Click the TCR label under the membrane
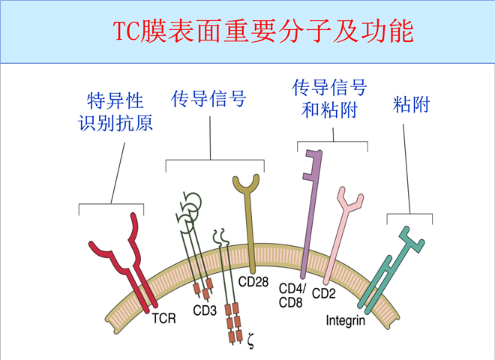(x=163, y=319)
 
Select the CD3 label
(x=205, y=309)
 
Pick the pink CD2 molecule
(x=341, y=232)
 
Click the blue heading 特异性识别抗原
(x=115, y=112)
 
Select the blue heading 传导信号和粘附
(x=329, y=99)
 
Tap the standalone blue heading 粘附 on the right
(x=411, y=104)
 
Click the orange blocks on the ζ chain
(x=235, y=319)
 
